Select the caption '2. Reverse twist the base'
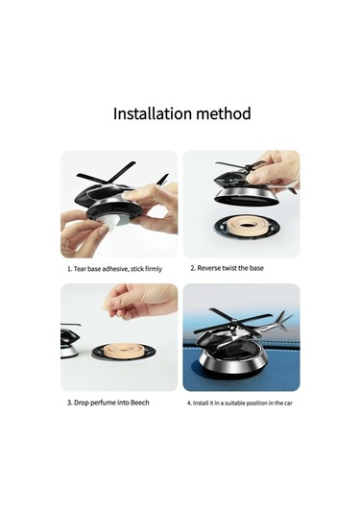point(227,268)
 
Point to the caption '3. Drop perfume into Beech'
point(108,402)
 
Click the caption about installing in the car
point(240,402)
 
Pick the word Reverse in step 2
point(211,268)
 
